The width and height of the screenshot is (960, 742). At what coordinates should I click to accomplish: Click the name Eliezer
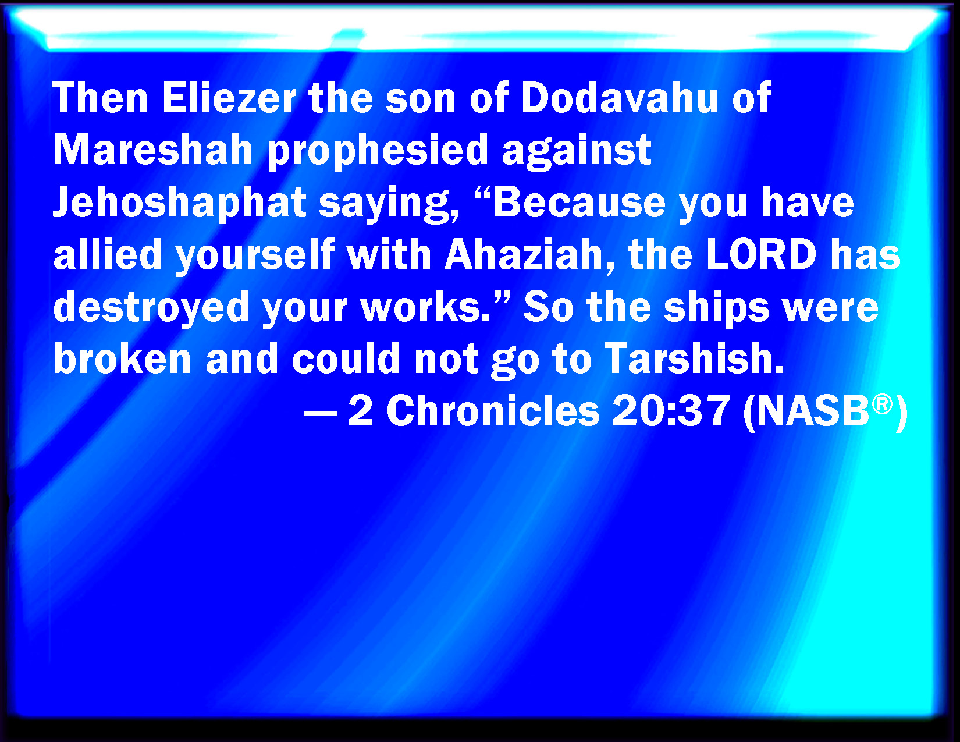[x=229, y=98]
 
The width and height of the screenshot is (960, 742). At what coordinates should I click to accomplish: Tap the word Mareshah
[x=153, y=150]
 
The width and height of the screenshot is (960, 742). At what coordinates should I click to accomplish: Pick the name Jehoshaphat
[x=180, y=203]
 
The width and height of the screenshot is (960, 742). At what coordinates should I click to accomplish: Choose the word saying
[x=389, y=204]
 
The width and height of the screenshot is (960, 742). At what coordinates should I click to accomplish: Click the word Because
[x=579, y=203]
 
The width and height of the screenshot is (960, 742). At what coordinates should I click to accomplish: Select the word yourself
[x=255, y=256]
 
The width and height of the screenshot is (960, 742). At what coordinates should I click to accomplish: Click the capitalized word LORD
[x=761, y=254]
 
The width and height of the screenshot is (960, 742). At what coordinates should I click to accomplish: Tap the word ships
[x=717, y=308]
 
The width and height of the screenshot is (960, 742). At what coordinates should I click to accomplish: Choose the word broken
[x=122, y=359]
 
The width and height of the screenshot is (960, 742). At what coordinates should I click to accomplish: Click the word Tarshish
[x=694, y=359]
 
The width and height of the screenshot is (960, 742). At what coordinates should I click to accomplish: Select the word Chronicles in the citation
[x=493, y=411]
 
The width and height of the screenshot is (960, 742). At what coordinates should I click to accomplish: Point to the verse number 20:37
[x=671, y=411]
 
